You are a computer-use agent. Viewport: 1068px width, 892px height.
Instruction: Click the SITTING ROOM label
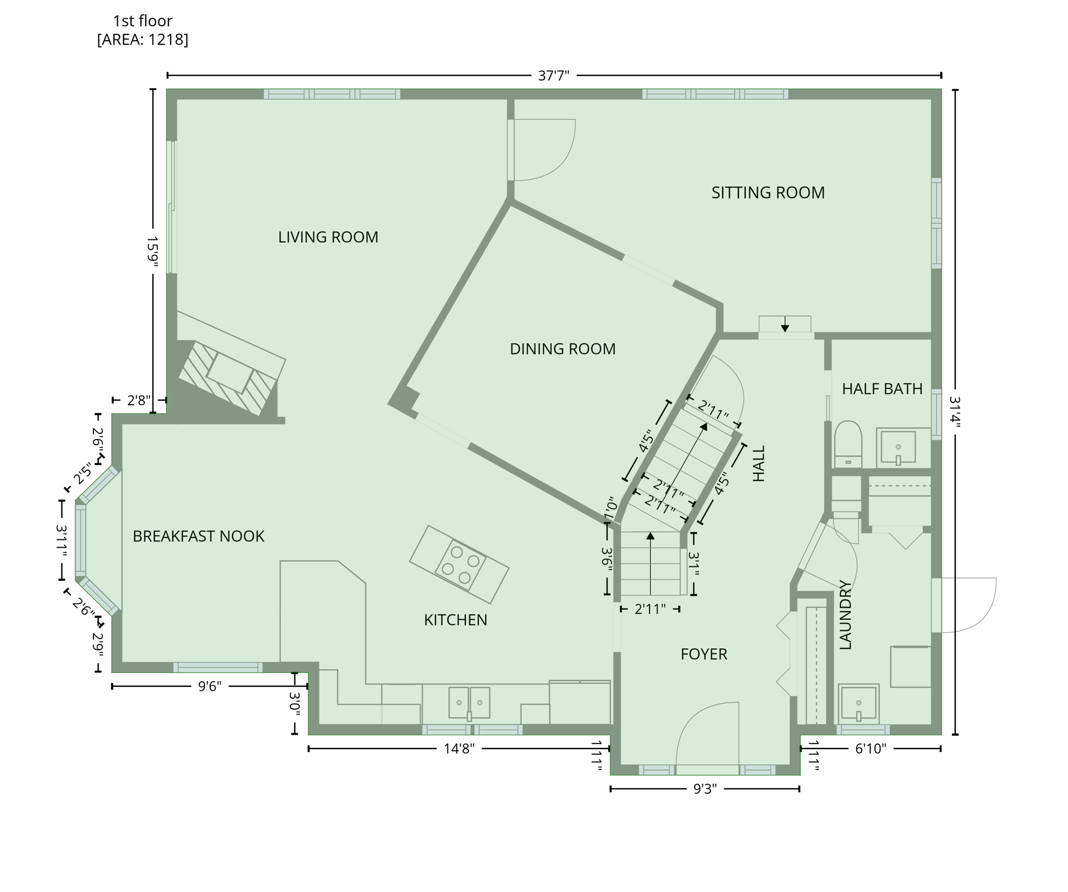coord(767,193)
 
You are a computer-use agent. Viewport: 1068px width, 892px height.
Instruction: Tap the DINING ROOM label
coord(562,349)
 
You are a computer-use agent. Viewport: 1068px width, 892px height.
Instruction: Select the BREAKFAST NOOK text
coord(199,536)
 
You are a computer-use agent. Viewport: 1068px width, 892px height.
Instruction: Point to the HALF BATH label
coord(882,389)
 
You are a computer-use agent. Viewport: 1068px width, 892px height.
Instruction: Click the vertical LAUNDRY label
coord(846,614)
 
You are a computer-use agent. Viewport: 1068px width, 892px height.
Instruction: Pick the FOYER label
coord(703,654)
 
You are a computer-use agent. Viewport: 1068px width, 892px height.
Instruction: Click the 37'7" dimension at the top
coord(554,75)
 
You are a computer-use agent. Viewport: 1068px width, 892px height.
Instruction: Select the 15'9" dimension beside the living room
coord(153,251)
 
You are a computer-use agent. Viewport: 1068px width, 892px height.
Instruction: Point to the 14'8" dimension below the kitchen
coord(459,749)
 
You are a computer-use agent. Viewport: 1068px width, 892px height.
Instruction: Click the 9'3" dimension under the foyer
coord(705,789)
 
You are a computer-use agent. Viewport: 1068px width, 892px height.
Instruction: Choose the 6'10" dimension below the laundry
coord(871,749)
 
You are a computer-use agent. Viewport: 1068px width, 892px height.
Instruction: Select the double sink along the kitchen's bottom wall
coord(469,703)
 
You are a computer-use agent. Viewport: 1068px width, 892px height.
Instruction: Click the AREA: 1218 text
coord(143,39)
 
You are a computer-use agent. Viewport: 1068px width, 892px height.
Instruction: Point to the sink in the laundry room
coord(858,703)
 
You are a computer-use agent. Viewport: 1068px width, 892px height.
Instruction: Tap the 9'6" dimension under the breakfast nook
coord(210,686)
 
